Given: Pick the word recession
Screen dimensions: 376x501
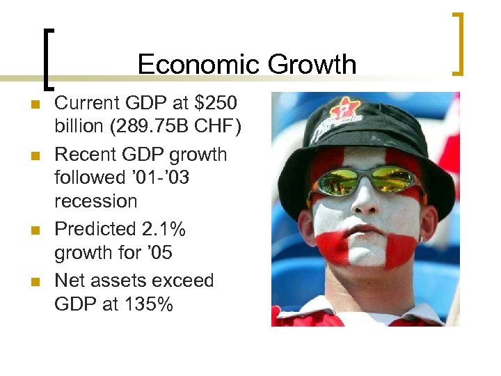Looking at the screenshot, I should click(96, 201).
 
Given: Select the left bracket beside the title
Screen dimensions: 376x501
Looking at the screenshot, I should click(47, 59).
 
